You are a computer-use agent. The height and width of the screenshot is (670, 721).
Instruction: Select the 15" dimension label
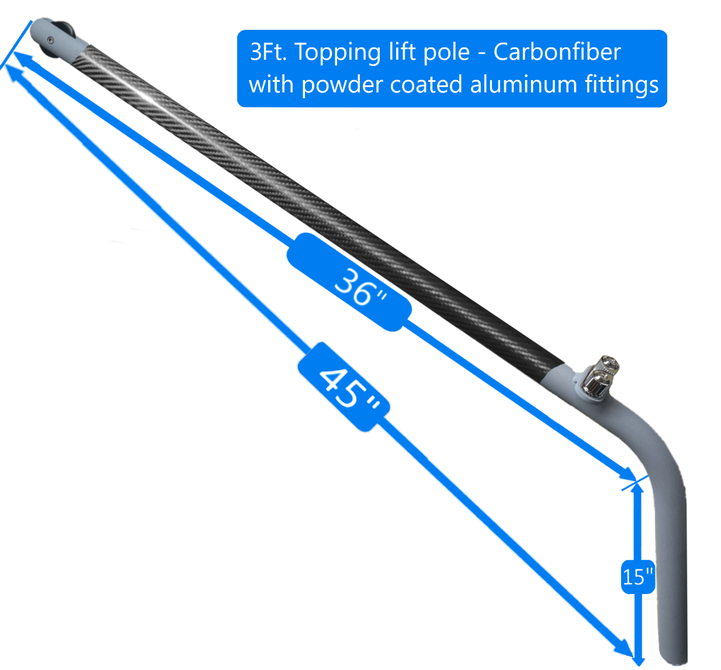point(637,576)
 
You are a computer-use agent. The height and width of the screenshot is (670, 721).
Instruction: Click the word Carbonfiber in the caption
point(557,53)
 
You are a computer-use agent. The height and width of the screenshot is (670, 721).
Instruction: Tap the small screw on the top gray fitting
point(50,39)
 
